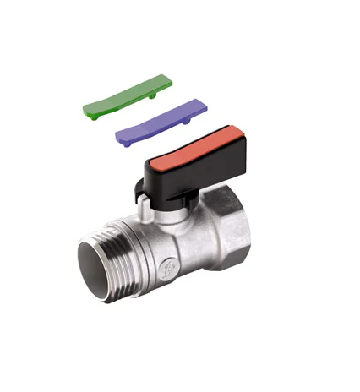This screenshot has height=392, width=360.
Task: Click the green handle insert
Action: click(127, 95)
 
